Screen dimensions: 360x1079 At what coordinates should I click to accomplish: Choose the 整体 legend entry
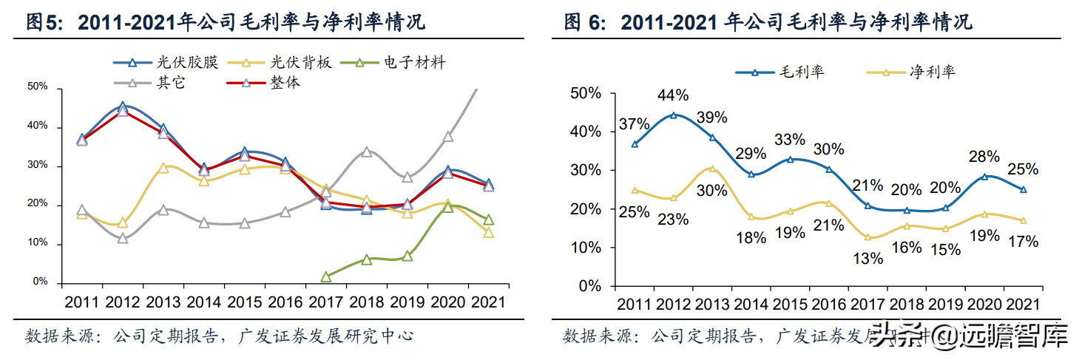point(262,83)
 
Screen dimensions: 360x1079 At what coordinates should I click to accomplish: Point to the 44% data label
point(673,95)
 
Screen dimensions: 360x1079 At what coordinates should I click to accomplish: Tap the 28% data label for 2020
point(984,157)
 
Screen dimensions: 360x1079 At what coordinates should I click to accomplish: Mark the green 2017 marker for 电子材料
point(326,276)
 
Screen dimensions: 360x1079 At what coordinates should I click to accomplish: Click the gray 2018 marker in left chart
point(366,152)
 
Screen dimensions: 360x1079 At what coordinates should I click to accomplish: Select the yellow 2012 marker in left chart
point(123,223)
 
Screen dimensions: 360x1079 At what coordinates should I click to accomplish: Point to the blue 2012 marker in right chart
point(673,115)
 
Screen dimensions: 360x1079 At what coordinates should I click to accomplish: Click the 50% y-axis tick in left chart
point(37,87)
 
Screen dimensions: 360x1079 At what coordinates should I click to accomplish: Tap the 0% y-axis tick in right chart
point(589,286)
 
